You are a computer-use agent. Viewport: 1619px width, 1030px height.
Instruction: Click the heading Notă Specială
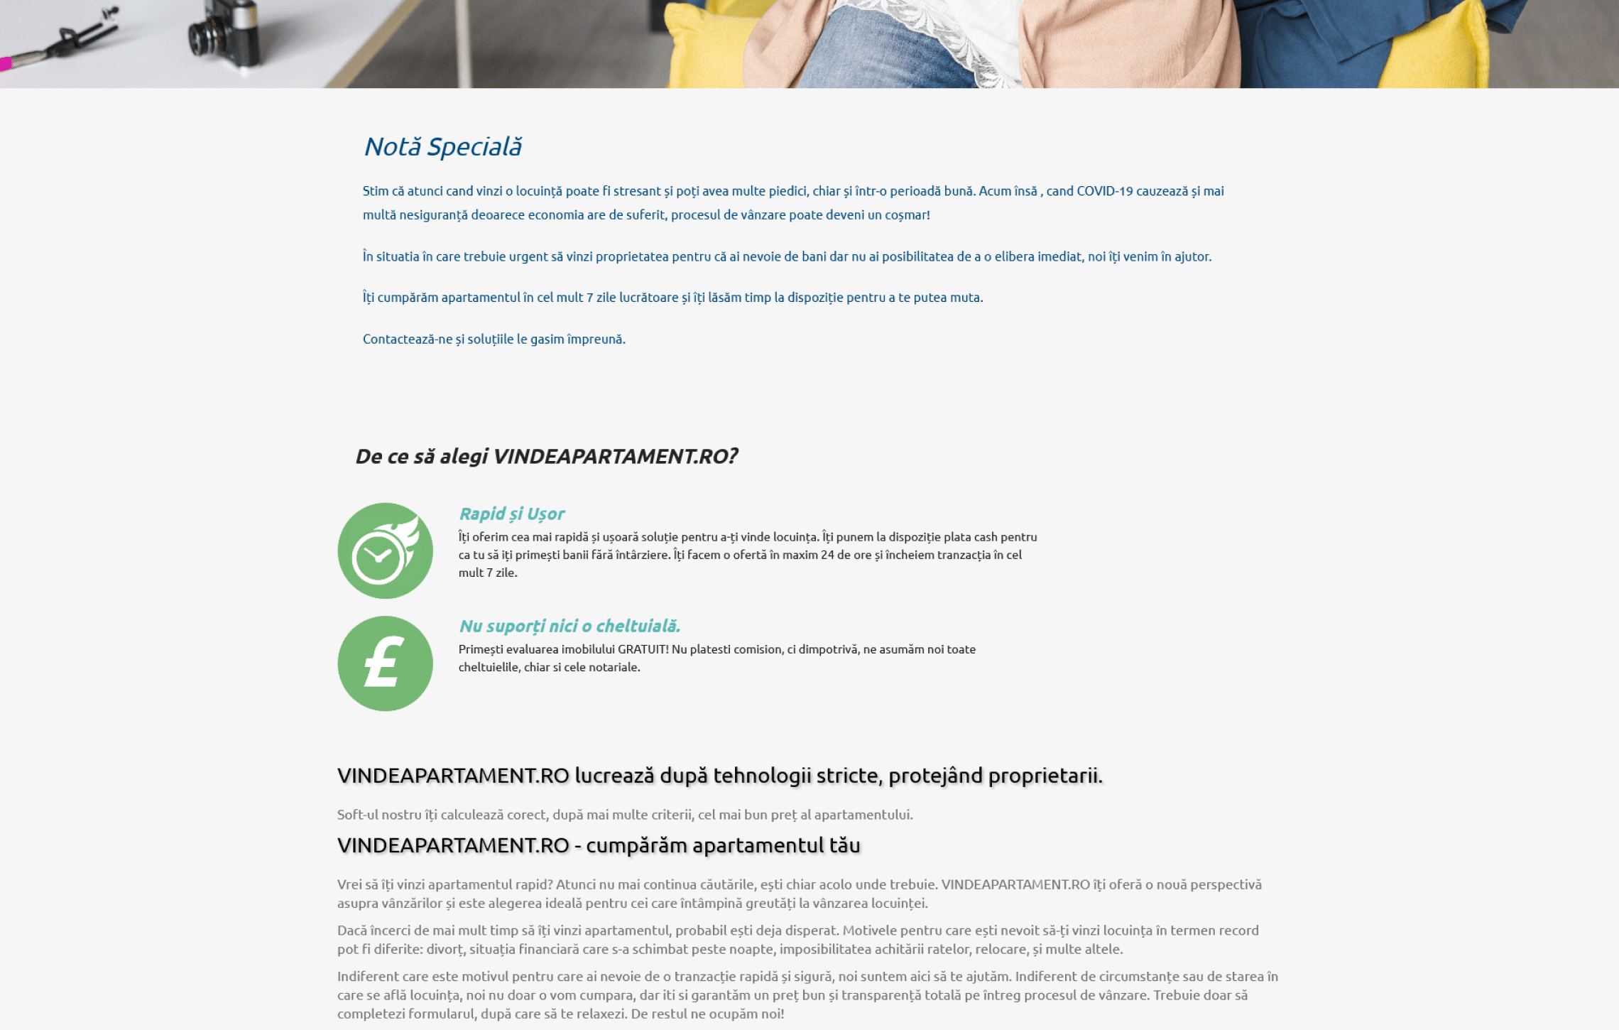point(442,147)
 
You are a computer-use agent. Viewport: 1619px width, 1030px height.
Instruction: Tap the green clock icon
point(385,551)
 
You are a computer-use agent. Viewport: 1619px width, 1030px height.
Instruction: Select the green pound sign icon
point(385,663)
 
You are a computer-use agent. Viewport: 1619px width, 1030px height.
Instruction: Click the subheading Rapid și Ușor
point(511,514)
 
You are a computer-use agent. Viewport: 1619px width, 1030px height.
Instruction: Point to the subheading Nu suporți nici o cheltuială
point(569,626)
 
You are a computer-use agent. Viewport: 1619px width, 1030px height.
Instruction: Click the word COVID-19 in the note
point(1104,191)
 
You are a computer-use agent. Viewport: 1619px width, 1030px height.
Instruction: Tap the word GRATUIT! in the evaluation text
point(643,649)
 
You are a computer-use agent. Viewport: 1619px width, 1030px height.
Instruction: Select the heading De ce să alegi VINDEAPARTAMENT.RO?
point(546,456)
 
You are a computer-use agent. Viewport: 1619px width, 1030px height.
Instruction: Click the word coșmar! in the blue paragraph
point(907,215)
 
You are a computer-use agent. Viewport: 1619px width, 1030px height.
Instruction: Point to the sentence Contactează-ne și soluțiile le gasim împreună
point(494,340)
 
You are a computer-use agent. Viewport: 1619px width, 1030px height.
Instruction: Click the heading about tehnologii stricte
point(719,776)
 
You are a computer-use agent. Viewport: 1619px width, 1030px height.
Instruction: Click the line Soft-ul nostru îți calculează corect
point(624,815)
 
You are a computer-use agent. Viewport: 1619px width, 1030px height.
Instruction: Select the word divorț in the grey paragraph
point(445,949)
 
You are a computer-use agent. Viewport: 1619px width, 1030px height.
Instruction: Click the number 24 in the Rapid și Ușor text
point(827,555)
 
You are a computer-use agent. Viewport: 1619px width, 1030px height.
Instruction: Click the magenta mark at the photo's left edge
point(6,64)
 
